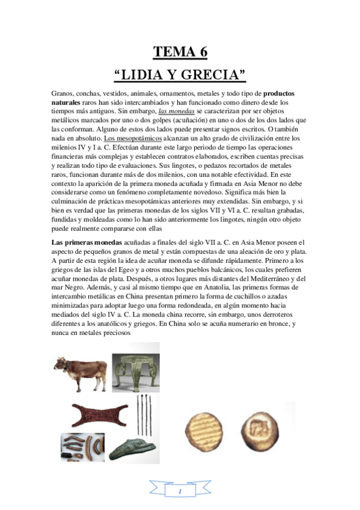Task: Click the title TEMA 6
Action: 180,52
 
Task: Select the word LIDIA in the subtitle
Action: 139,75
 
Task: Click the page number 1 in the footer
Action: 180,491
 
